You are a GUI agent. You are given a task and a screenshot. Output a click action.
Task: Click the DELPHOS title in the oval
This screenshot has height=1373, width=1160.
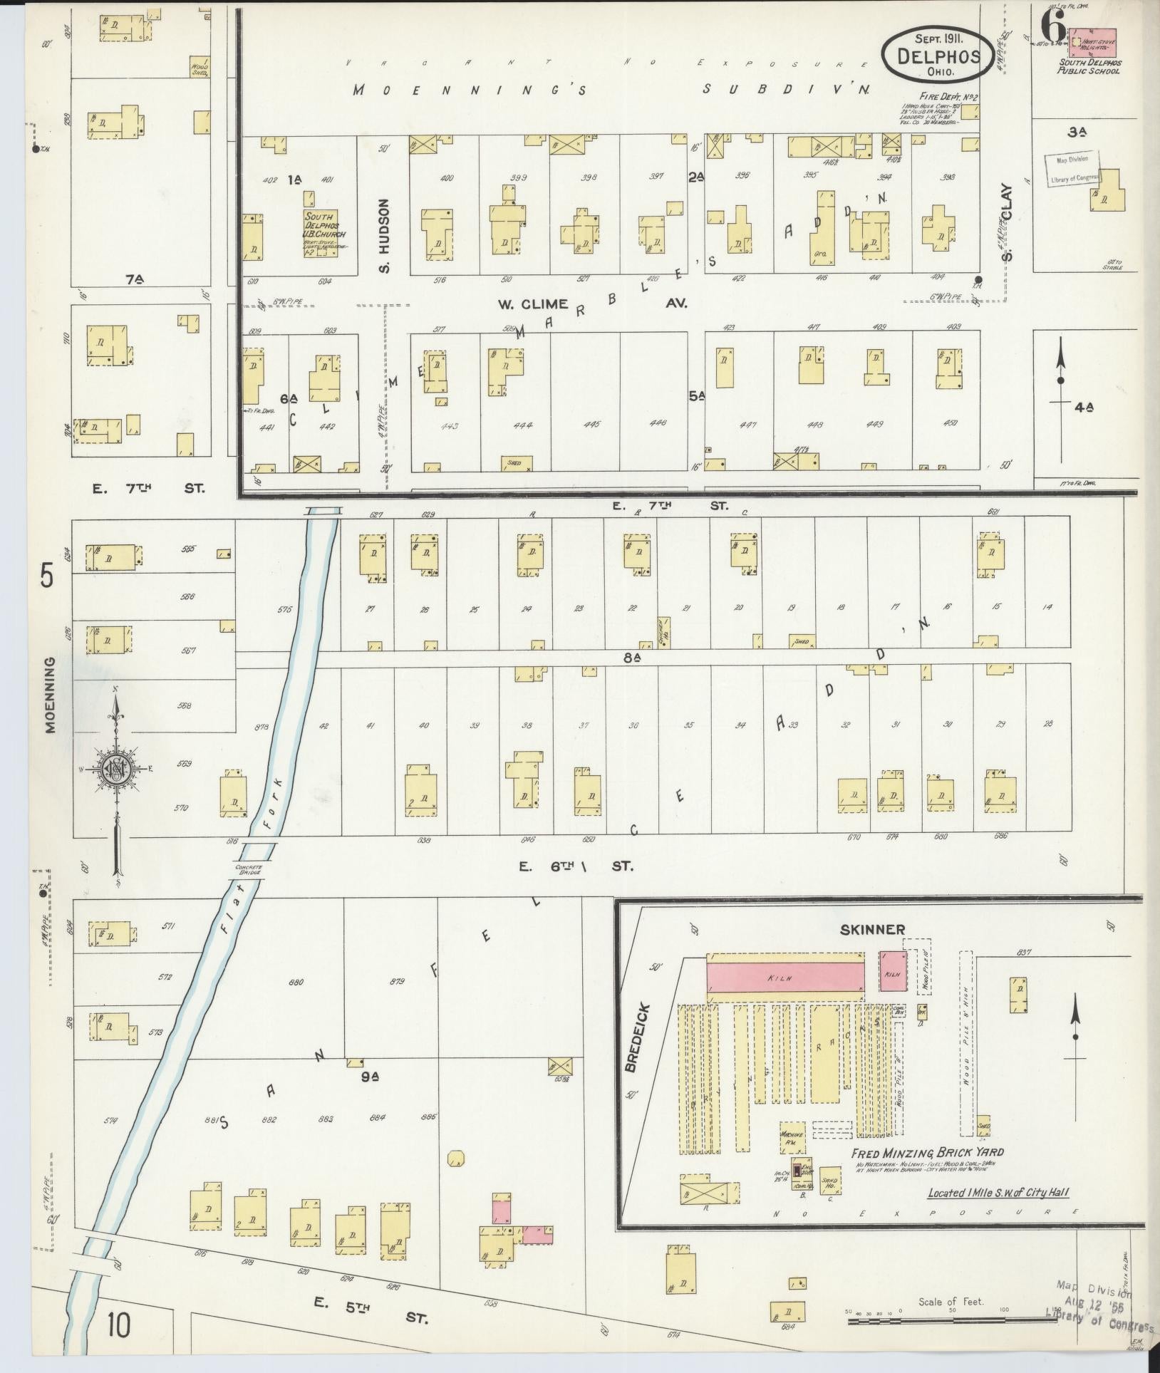(936, 56)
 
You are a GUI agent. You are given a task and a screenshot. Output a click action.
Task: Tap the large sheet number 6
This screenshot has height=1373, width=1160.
(1052, 29)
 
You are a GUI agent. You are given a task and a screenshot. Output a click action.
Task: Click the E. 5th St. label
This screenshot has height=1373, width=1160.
(371, 1318)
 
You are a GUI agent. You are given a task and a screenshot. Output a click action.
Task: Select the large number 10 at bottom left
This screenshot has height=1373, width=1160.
(120, 1327)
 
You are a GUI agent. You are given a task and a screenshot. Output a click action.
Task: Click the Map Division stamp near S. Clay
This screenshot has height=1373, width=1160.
(1072, 170)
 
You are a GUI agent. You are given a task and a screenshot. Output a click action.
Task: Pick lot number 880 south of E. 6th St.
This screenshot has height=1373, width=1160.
(296, 982)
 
